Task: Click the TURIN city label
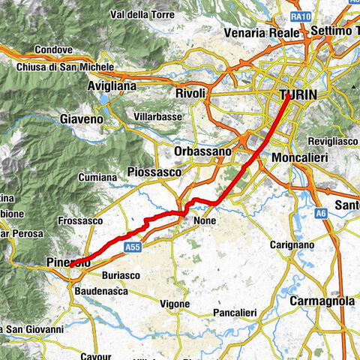(298, 95)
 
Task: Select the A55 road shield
(133, 246)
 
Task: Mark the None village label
(204, 220)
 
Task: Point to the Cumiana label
(99, 178)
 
